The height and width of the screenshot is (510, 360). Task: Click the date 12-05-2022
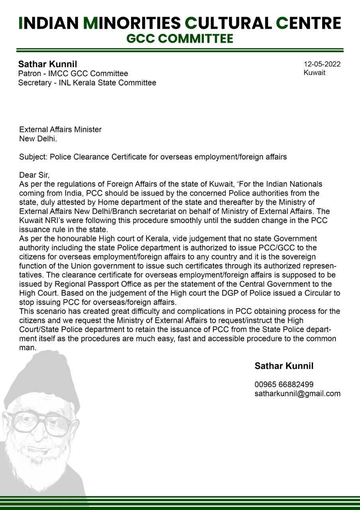322,64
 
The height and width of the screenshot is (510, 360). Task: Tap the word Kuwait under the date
314,73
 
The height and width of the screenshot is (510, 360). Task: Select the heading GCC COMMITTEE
180,39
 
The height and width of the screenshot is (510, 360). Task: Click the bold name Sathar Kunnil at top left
47,64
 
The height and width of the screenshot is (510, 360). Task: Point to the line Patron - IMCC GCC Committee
73,74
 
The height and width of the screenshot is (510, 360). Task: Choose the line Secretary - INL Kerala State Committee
87,83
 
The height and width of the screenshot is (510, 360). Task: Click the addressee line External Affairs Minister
60,129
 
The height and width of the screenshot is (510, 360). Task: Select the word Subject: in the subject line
33,157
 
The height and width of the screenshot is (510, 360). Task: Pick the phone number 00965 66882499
284,384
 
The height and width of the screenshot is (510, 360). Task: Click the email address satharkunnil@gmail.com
297,394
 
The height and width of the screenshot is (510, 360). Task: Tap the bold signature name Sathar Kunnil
284,366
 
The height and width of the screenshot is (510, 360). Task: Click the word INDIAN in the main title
48,23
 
